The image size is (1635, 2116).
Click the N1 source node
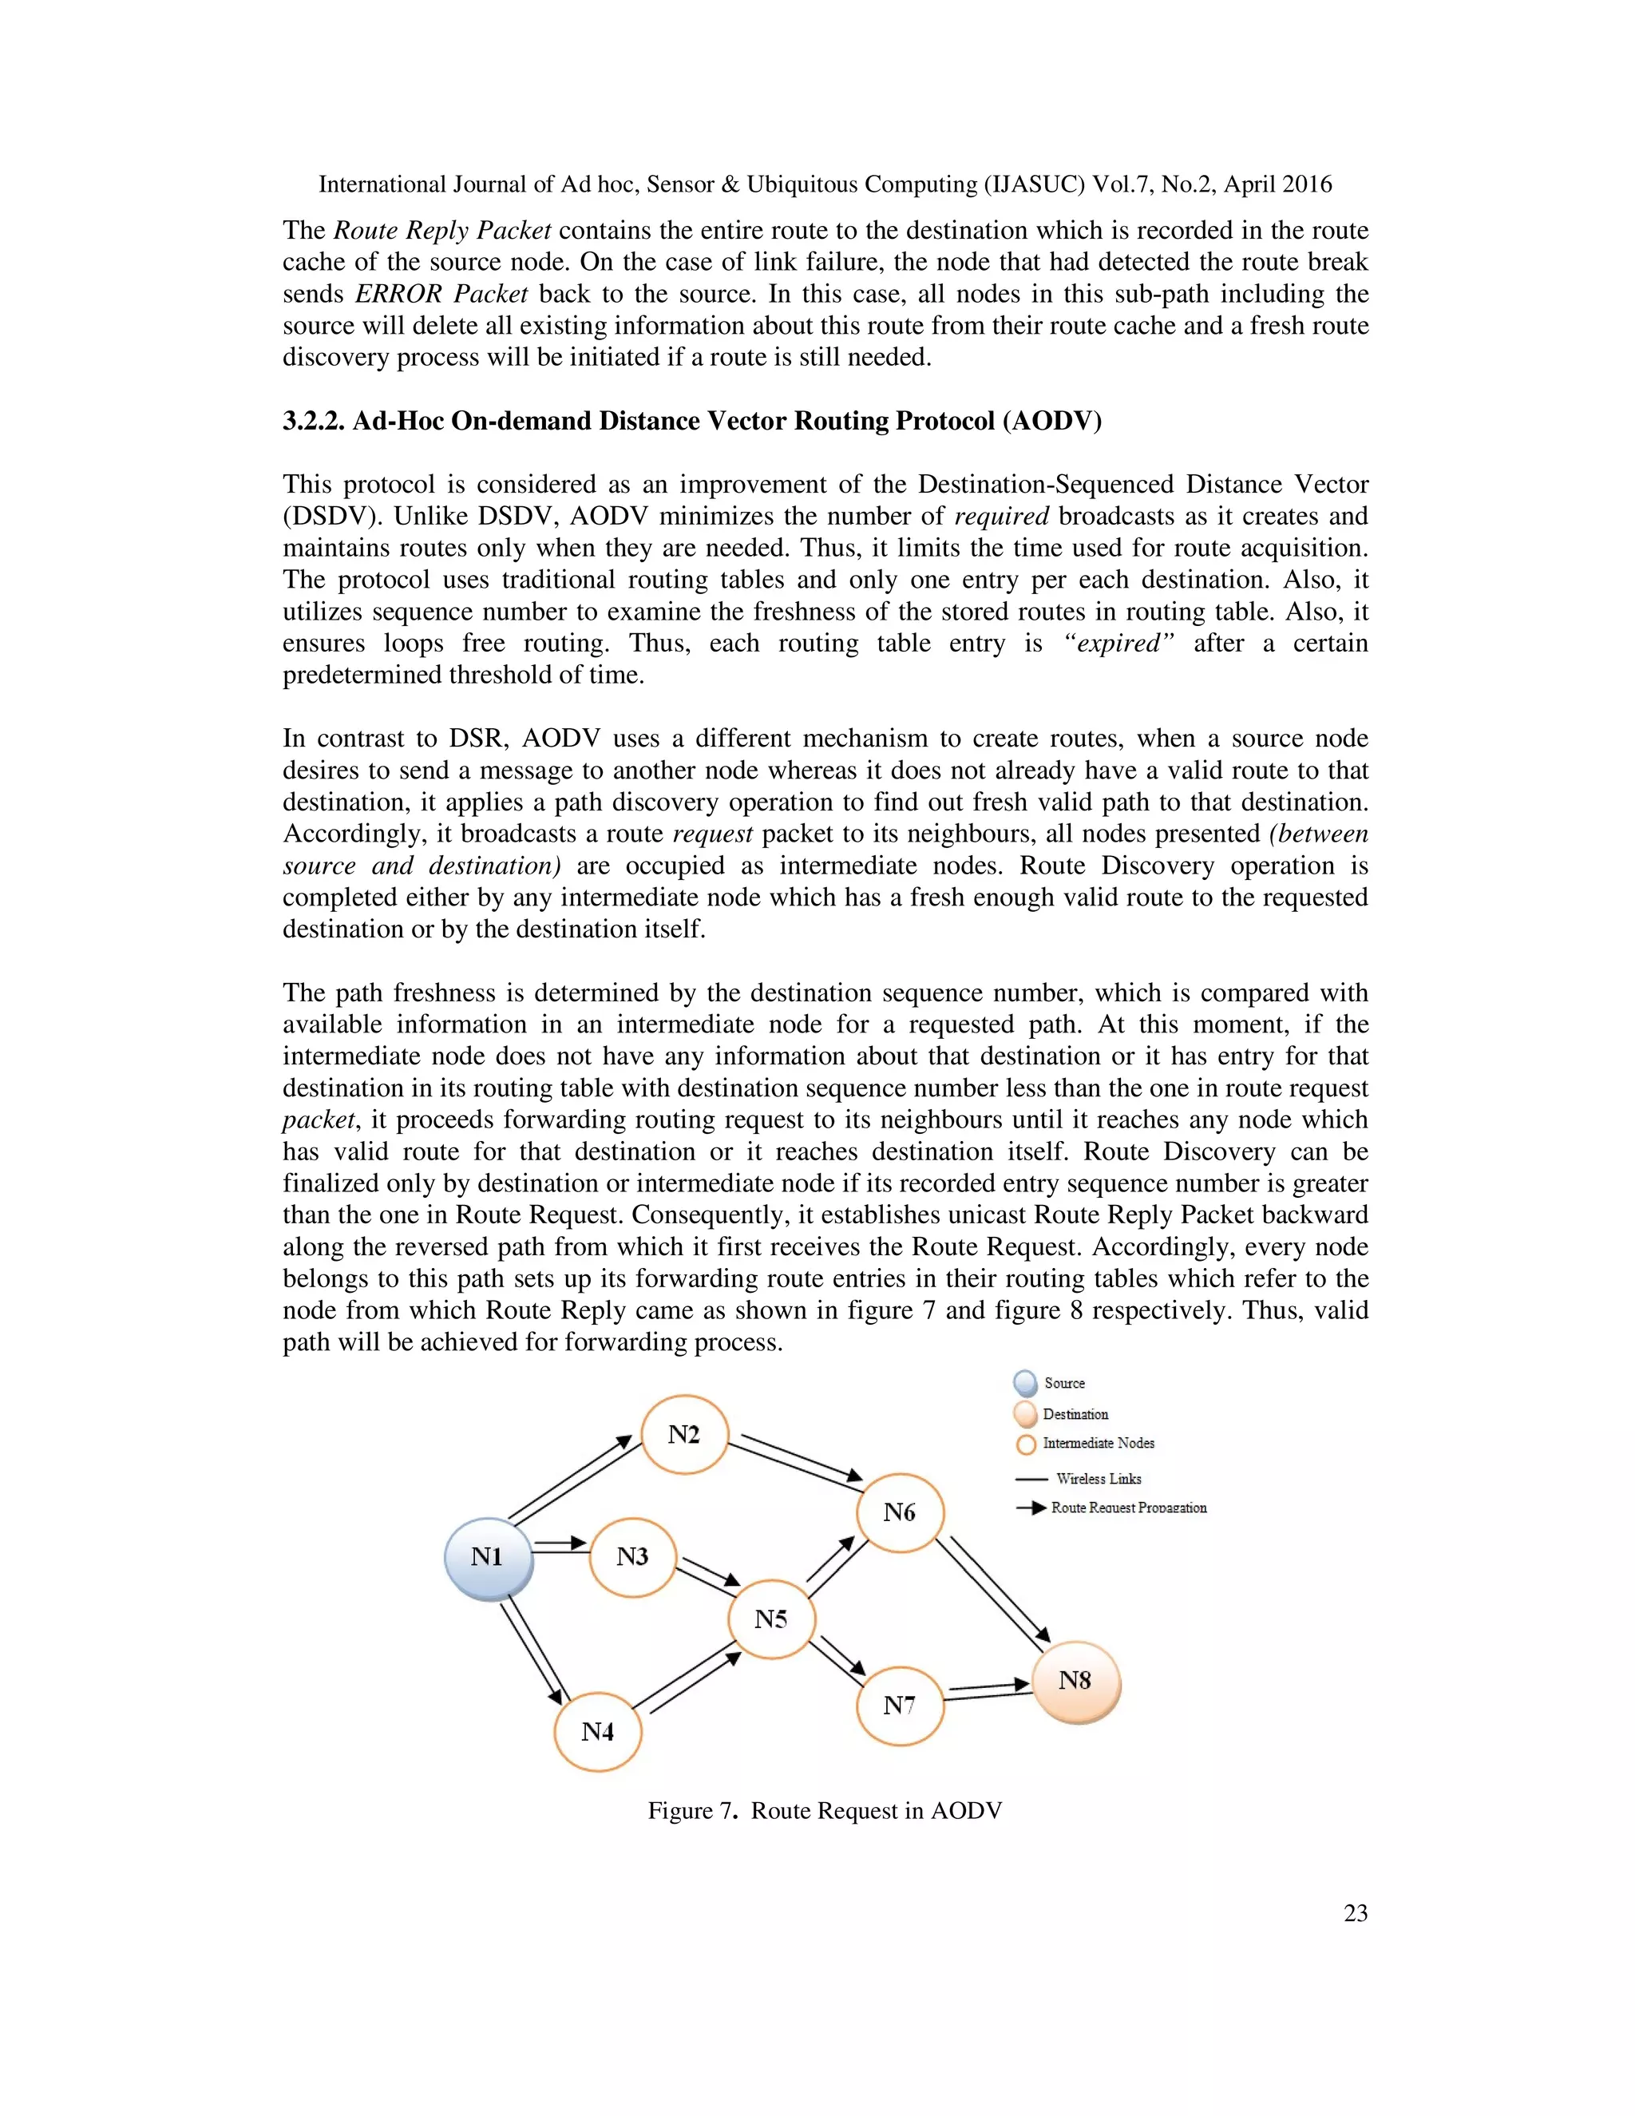[x=488, y=1557]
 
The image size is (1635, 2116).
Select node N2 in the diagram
[x=684, y=1435]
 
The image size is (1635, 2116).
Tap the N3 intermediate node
[x=632, y=1557]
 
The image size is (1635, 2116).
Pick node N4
[x=598, y=1731]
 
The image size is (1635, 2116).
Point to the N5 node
[x=771, y=1619]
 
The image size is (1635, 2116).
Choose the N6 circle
[x=900, y=1512]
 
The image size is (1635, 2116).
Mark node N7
[x=900, y=1706]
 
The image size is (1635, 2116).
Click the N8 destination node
[x=1075, y=1681]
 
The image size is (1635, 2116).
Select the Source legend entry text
[x=1064, y=1382]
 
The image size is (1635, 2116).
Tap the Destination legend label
[x=1075, y=1413]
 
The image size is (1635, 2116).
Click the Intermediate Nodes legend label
[x=1099, y=1443]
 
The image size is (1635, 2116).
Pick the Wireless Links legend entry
[x=1099, y=1479]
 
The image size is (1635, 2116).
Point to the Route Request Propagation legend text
[x=1128, y=1508]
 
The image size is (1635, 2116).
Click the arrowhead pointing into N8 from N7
[x=1021, y=1685]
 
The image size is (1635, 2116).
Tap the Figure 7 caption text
[x=824, y=1811]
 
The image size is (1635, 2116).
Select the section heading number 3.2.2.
[x=313, y=422]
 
